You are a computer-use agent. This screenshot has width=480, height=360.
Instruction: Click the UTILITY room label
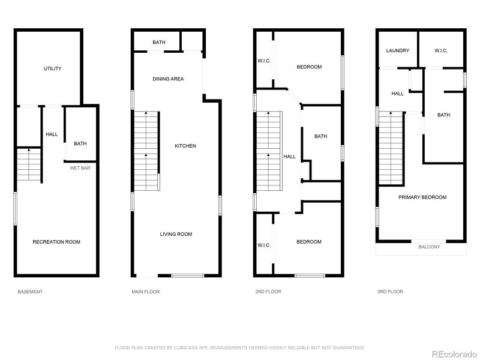(52, 68)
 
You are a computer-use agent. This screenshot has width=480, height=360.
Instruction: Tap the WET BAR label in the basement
(80, 168)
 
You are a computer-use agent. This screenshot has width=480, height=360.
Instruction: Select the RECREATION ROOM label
(56, 242)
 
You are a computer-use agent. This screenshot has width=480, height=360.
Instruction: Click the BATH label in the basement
(80, 143)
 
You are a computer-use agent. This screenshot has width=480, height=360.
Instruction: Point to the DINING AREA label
(168, 79)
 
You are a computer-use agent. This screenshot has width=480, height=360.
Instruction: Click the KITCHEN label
(185, 146)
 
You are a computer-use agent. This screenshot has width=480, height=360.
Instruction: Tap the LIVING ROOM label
(176, 234)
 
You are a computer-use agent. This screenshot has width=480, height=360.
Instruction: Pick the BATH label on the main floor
(158, 42)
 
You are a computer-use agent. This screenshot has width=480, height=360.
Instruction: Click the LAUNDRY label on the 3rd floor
(398, 50)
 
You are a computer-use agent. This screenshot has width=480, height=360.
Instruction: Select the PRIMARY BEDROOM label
(422, 197)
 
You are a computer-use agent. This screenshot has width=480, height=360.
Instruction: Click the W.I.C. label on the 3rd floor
(441, 50)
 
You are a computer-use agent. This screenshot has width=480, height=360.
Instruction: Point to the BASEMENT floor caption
(30, 292)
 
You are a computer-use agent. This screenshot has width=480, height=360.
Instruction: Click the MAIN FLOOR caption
(146, 292)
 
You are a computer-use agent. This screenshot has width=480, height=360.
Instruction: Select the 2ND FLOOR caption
(268, 292)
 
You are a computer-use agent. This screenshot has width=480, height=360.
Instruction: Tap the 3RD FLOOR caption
(390, 292)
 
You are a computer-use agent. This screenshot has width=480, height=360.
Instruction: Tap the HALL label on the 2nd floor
(290, 157)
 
